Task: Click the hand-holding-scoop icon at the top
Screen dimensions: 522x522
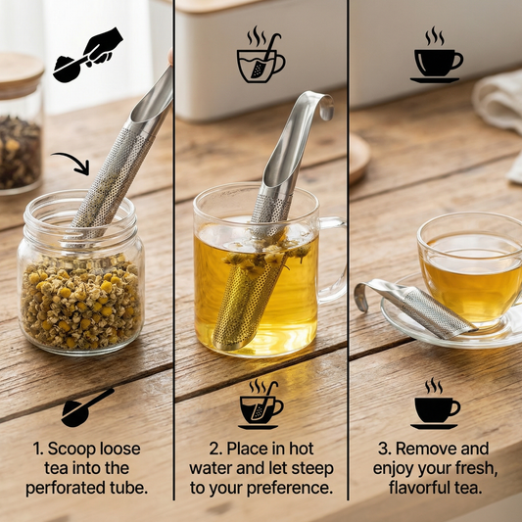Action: tap(87, 55)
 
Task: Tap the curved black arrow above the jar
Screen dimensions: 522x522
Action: tap(74, 159)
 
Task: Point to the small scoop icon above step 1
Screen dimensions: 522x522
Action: tap(87, 407)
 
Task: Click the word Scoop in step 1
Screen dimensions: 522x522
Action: tap(70, 449)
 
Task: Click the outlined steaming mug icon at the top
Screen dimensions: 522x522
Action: tap(261, 55)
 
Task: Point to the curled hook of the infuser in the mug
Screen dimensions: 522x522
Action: tap(324, 105)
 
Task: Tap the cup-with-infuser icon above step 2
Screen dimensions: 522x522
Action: tap(261, 404)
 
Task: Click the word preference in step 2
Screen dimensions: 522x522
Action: tap(290, 489)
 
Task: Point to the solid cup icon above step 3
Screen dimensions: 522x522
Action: tap(435, 403)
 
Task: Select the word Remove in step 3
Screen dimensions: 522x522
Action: tap(420, 449)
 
